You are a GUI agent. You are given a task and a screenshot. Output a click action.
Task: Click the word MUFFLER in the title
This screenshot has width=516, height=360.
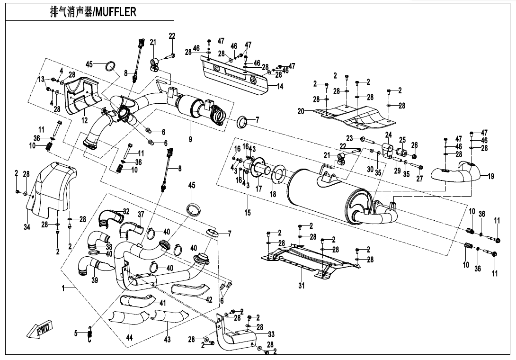[116, 12]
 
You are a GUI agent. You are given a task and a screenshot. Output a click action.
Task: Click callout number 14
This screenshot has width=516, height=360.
[280, 86]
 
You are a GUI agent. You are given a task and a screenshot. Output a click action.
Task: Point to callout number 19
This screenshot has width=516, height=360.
[491, 176]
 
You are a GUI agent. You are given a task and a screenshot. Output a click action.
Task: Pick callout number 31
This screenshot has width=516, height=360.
[302, 285]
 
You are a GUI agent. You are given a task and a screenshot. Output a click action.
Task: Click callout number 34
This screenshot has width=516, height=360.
[27, 227]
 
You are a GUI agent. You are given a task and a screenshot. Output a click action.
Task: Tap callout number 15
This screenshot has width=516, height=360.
[248, 213]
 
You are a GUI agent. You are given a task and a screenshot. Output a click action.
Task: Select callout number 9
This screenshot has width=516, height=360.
[190, 140]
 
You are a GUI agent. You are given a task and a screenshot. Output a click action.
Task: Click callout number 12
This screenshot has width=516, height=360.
[84, 121]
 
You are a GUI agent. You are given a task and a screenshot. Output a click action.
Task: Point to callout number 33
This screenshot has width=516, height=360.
[271, 334]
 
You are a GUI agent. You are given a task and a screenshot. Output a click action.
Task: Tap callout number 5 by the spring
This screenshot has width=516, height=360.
[76, 333]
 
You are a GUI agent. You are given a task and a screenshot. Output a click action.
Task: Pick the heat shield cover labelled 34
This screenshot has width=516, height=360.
[50, 185]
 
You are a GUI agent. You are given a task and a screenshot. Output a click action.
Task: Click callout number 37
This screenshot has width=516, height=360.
[141, 215]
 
